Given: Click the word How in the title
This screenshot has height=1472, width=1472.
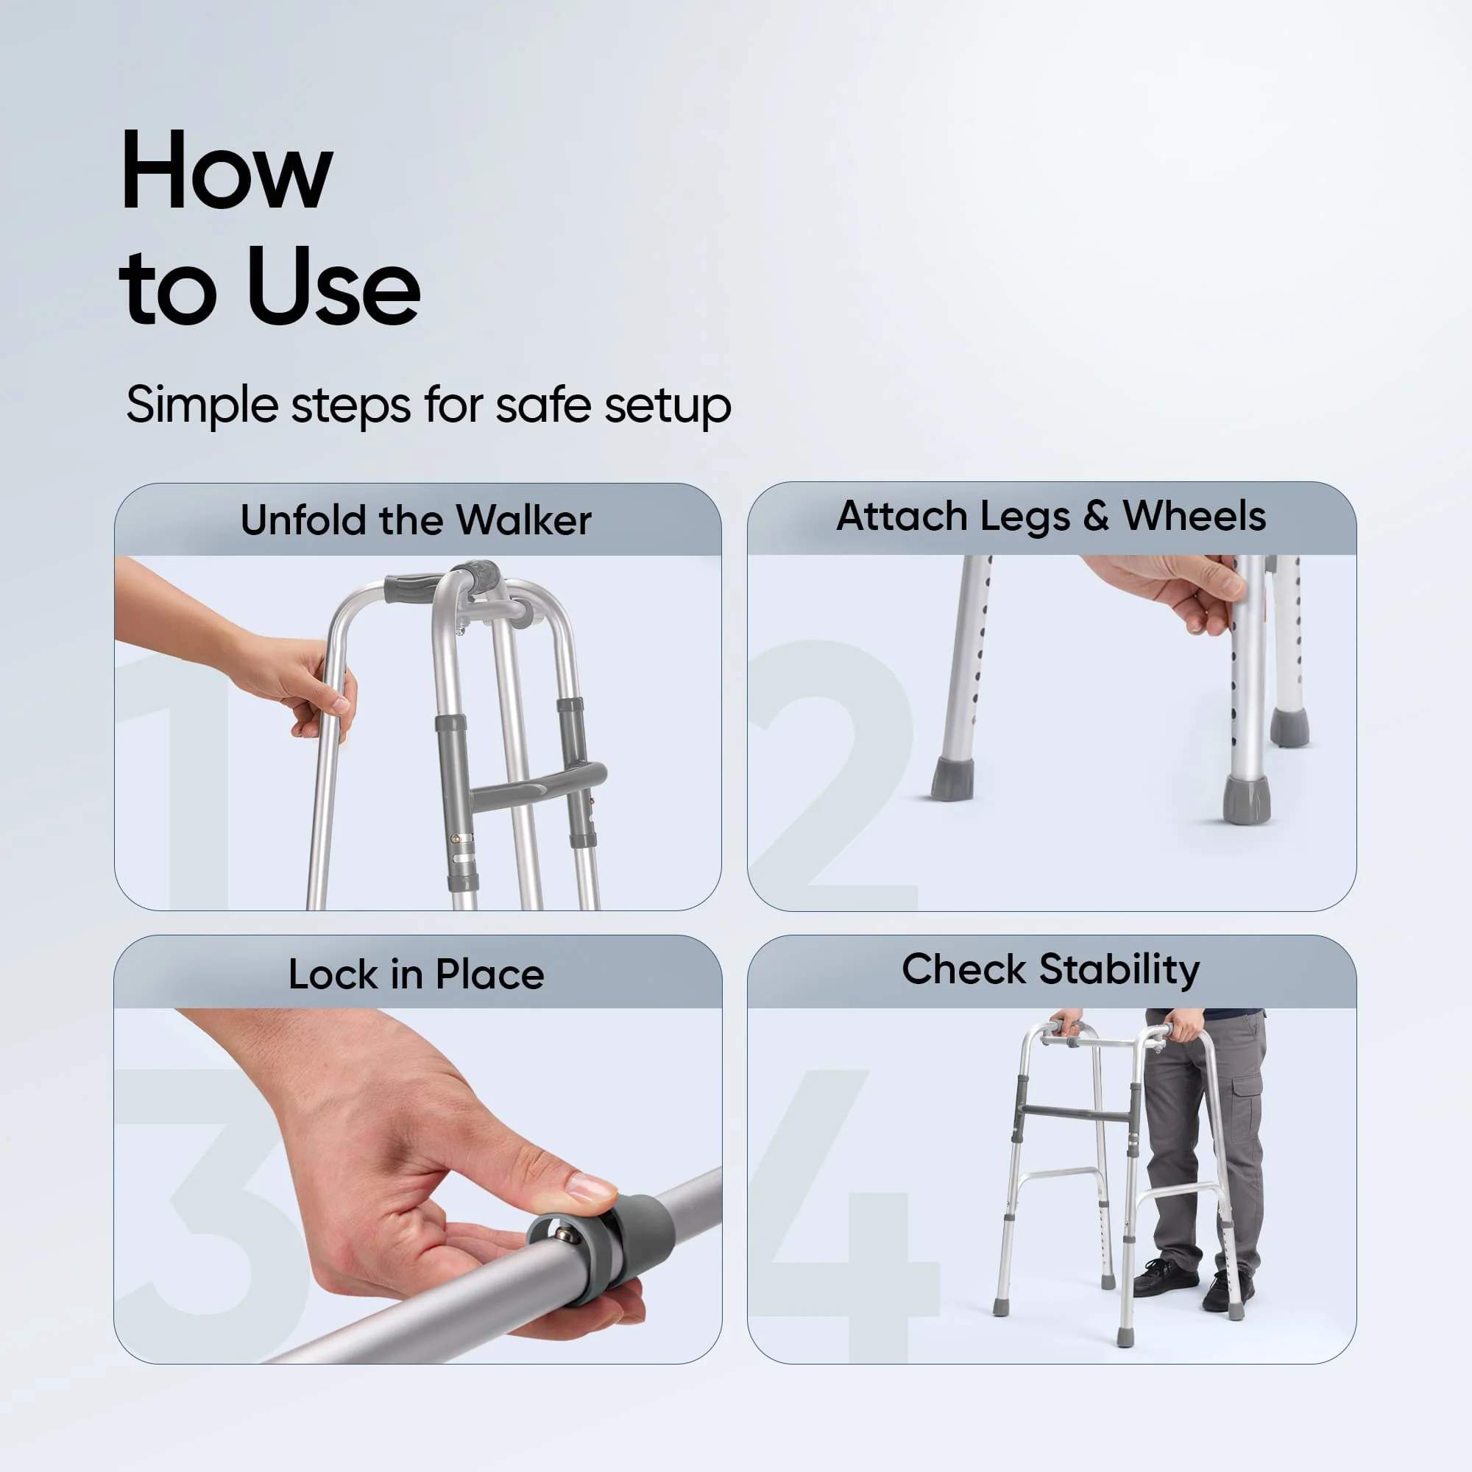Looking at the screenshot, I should click(226, 171).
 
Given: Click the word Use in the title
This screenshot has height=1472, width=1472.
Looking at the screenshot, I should click(333, 287).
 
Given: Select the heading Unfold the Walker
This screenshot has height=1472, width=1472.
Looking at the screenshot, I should click(416, 520).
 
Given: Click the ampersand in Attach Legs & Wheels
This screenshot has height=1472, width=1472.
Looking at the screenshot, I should click(1096, 516).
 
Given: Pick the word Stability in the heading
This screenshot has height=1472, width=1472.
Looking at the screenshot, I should click(1119, 969).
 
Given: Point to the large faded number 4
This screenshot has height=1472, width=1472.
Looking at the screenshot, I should click(846, 1219).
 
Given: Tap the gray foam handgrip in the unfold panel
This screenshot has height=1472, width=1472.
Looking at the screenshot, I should click(412, 587).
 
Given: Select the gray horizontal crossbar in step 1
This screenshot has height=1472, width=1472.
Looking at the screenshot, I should click(537, 785).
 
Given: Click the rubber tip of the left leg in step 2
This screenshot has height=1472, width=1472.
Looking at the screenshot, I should click(952, 778).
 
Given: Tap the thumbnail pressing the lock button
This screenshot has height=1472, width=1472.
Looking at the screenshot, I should click(590, 1187).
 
